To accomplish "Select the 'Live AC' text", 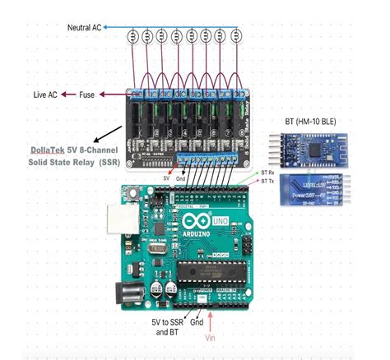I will (x=45, y=95).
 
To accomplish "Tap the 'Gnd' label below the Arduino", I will (x=197, y=323).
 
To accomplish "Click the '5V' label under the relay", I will (x=167, y=178).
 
